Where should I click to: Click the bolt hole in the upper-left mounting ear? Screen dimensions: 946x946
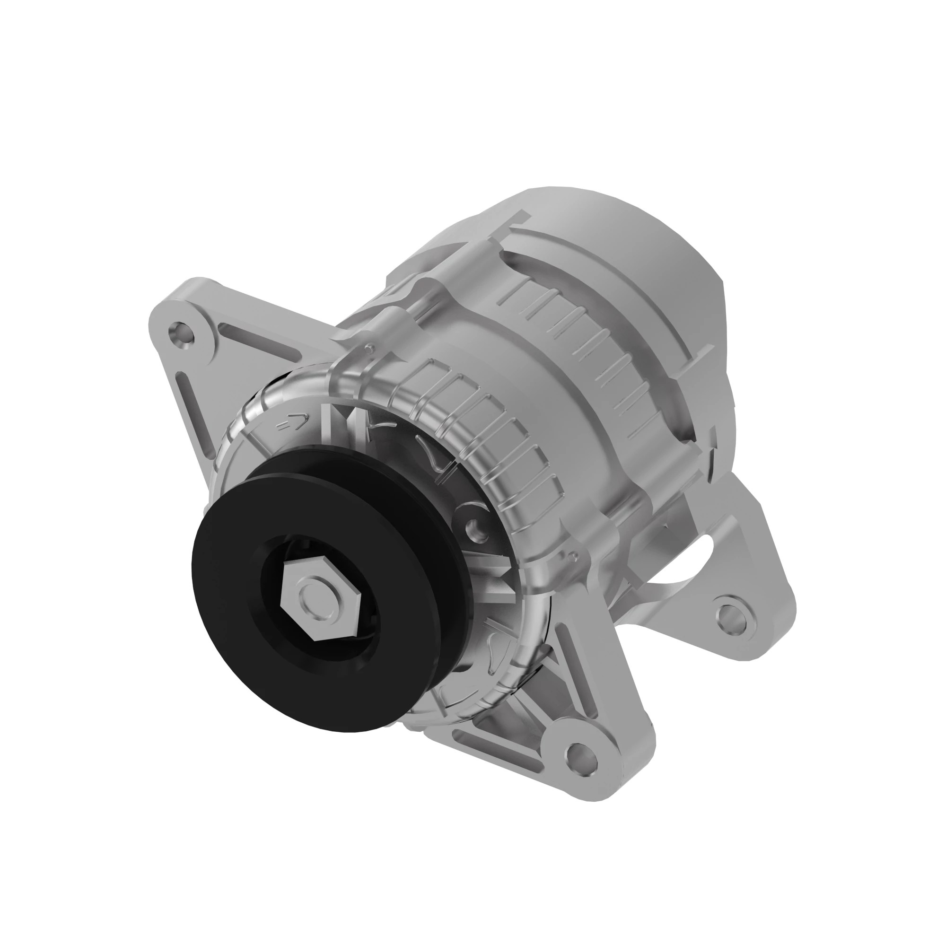coord(180,336)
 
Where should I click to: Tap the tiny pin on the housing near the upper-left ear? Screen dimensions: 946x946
coord(368,349)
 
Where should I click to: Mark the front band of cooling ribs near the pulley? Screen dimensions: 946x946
coord(490,431)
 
